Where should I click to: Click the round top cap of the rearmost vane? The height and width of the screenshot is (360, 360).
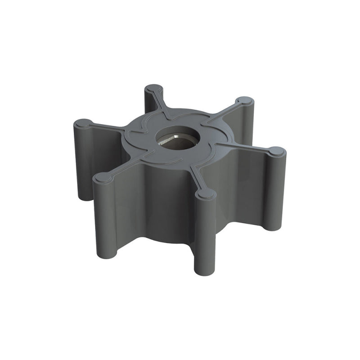(154, 88)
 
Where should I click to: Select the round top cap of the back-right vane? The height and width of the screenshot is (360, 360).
(245, 100)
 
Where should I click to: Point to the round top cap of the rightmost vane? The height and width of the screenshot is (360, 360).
(277, 151)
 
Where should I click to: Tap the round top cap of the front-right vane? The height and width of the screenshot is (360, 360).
(206, 193)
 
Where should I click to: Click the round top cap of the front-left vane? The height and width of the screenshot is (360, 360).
(103, 178)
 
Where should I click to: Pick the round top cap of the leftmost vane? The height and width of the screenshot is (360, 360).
(82, 123)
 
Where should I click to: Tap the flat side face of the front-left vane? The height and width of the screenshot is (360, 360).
(128, 207)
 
